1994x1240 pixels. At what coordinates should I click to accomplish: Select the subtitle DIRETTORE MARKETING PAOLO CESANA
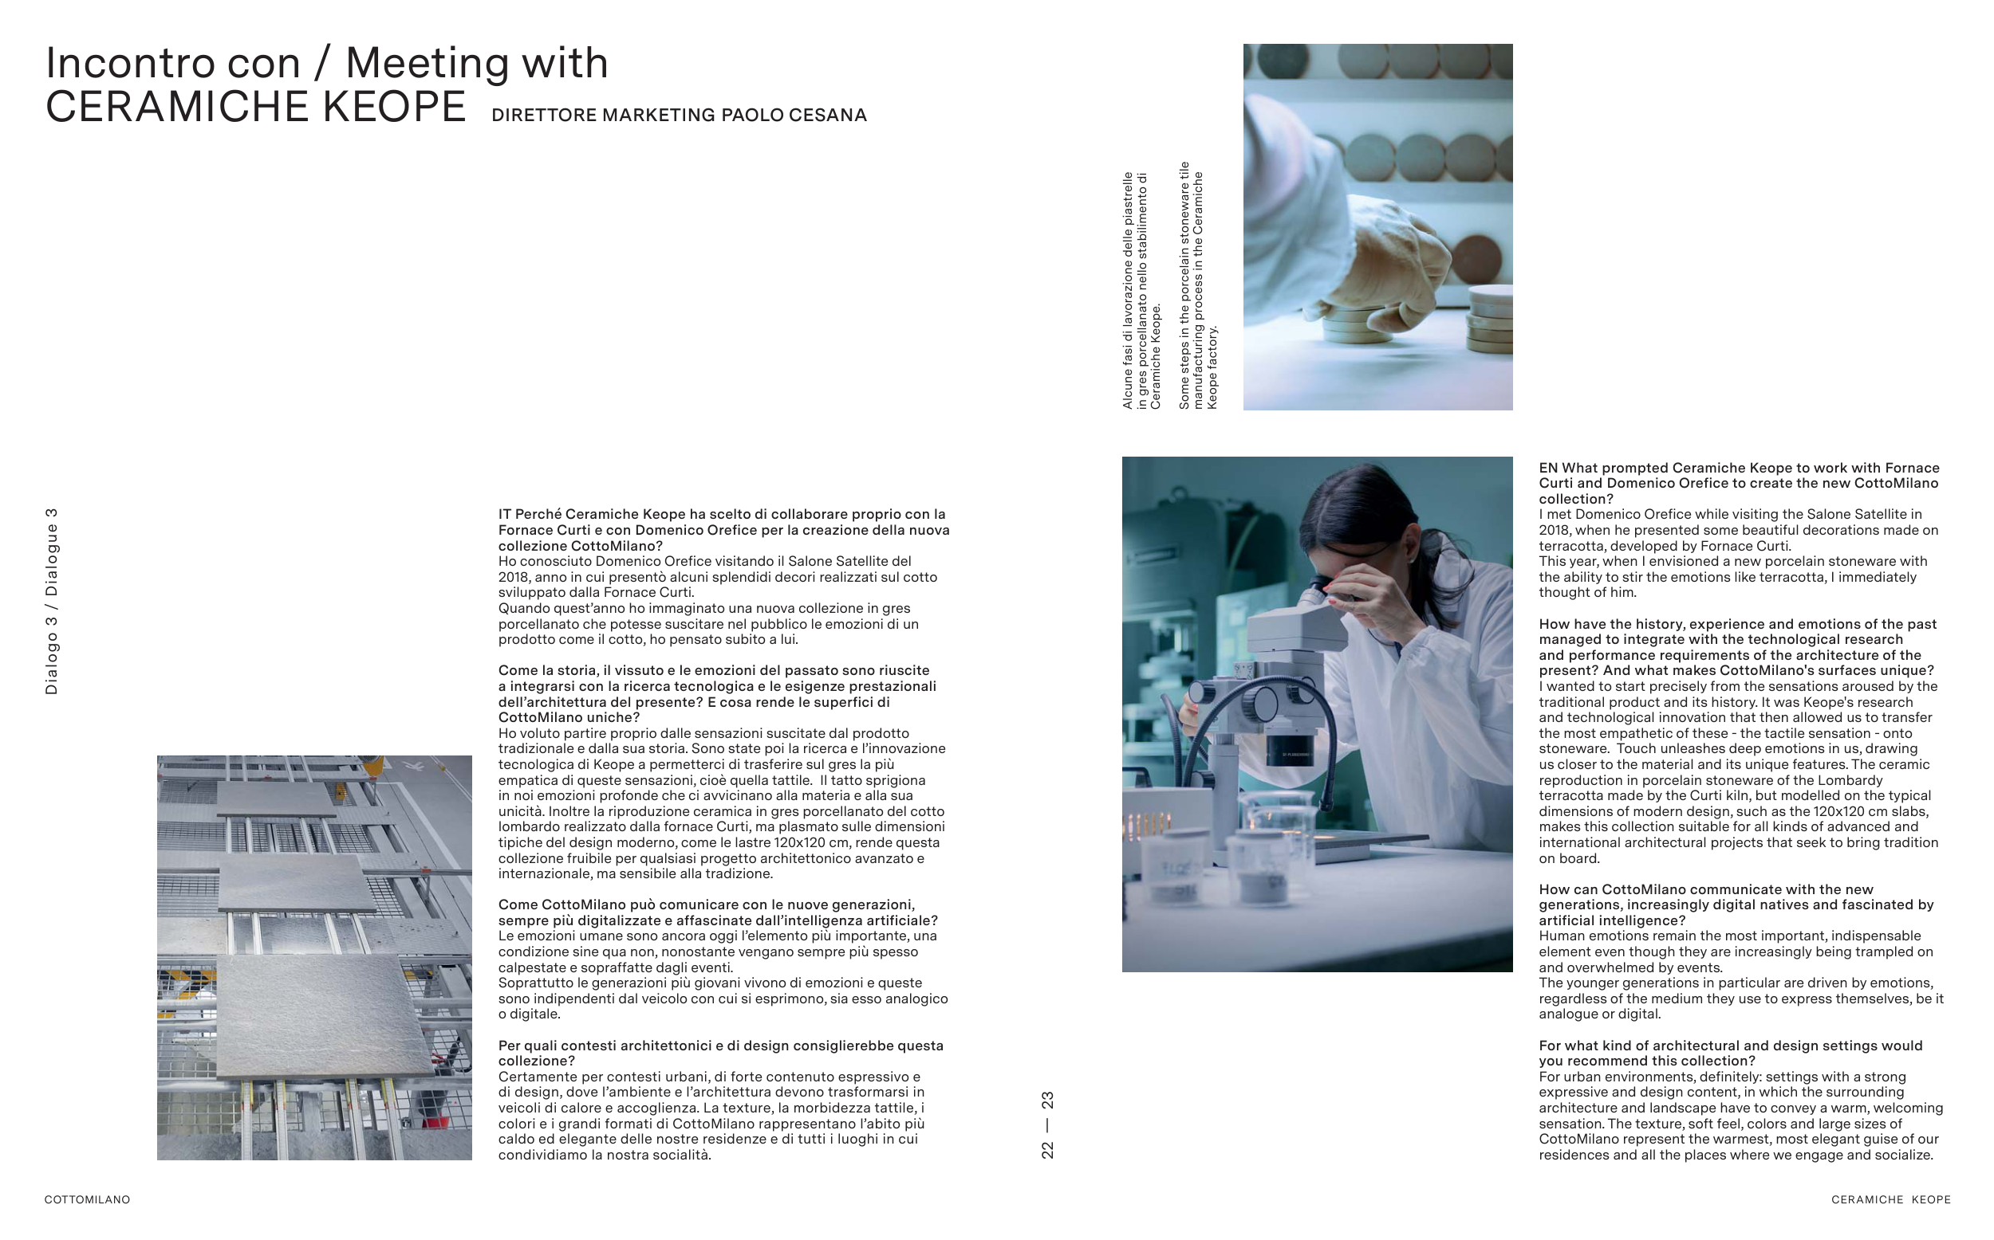(x=679, y=115)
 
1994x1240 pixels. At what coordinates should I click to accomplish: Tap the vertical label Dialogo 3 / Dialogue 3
(x=52, y=601)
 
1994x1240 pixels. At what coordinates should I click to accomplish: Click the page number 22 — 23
(x=1047, y=1124)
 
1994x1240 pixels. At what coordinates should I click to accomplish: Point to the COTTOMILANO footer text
(x=87, y=1199)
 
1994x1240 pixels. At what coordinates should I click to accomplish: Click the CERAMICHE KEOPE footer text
(x=1890, y=1199)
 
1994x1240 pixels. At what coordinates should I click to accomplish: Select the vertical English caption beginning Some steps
(x=1198, y=284)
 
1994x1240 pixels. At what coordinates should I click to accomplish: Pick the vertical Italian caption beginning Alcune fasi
(x=1141, y=290)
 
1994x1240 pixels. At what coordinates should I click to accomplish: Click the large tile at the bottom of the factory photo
(x=324, y=1017)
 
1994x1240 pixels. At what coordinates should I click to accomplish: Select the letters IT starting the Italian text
(x=505, y=514)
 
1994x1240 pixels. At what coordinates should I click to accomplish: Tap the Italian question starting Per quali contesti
(x=720, y=1053)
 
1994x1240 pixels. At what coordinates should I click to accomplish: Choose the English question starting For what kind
(x=1731, y=1053)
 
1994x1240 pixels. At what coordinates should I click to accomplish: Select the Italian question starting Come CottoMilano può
(x=718, y=912)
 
